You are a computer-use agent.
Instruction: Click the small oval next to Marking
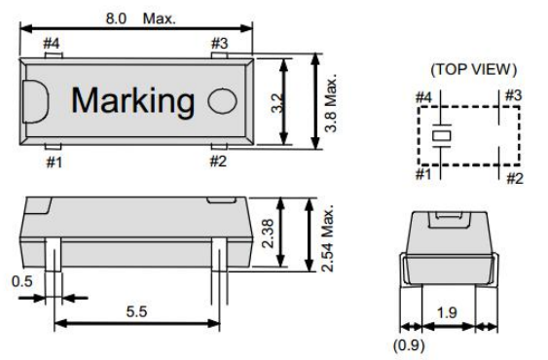[224, 100]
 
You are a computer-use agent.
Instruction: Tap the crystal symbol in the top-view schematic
[439, 134]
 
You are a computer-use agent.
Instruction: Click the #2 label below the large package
[221, 162]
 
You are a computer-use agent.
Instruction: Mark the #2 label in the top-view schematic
[514, 178]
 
